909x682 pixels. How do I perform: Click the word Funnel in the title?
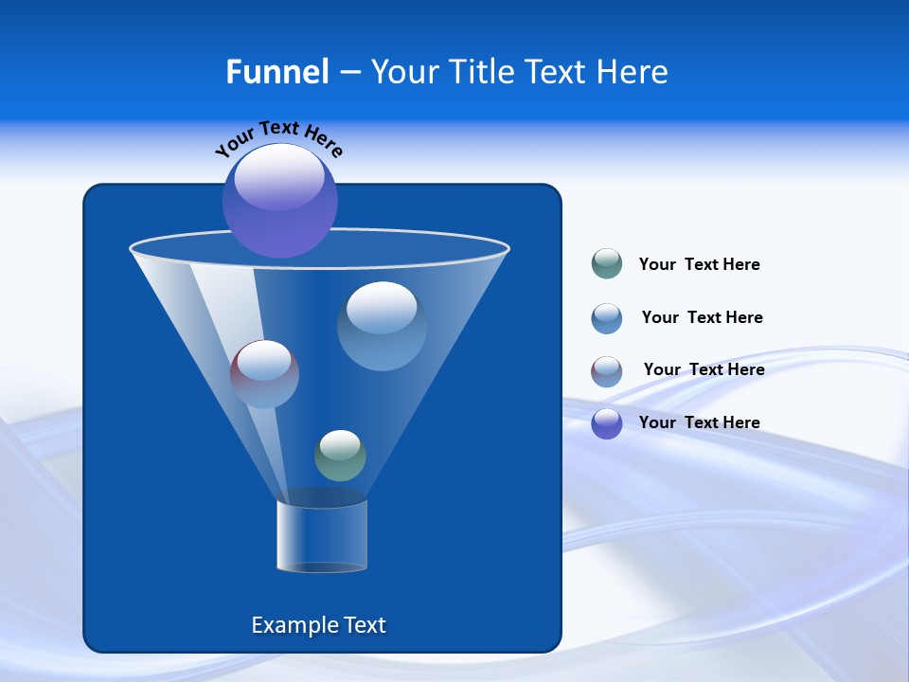pos(276,72)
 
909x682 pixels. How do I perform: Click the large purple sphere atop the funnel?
pos(280,201)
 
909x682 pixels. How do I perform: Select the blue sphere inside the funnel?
pos(382,326)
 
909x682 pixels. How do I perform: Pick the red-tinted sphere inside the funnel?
pos(264,374)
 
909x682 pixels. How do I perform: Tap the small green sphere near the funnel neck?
pos(340,456)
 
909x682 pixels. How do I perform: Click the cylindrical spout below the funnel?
pos(322,536)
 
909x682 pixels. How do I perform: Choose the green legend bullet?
pos(607,264)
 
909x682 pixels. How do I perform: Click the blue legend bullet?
pos(607,318)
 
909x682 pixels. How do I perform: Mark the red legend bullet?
pos(607,371)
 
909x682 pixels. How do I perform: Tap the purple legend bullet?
pos(607,423)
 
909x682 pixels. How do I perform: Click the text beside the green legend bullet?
pos(699,265)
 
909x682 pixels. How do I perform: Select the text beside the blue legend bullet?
pos(702,318)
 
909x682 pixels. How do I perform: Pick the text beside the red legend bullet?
pos(704,370)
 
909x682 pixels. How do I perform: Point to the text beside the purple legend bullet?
pos(699,423)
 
